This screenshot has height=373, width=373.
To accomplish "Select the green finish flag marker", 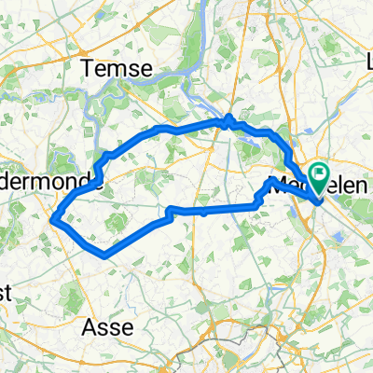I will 321,173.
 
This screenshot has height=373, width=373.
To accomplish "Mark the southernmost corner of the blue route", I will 104,254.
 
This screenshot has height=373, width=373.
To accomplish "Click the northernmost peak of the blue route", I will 228,117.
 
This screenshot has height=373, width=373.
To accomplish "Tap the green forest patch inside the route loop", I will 117,222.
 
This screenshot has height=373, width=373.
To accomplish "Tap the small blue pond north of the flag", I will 313,140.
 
